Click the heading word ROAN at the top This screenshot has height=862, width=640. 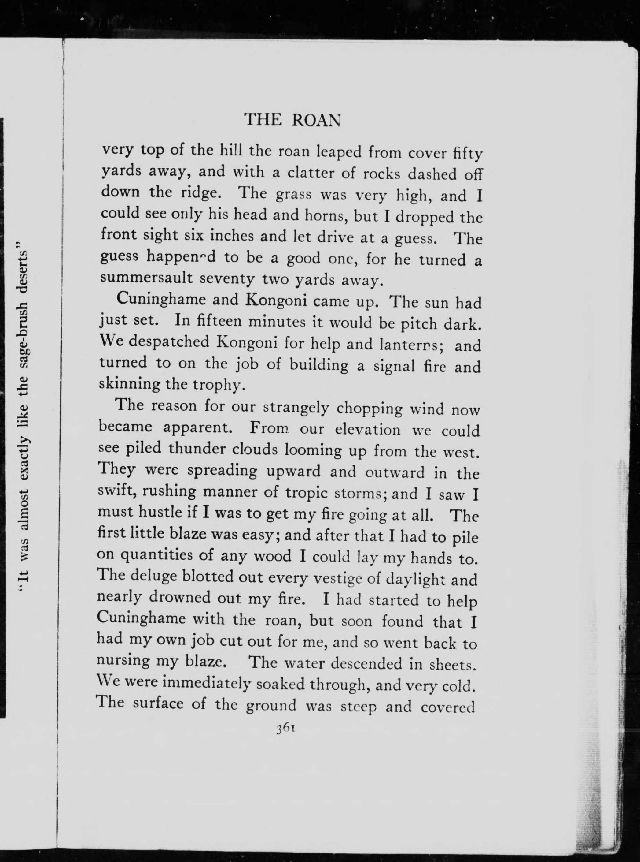pos(316,120)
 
